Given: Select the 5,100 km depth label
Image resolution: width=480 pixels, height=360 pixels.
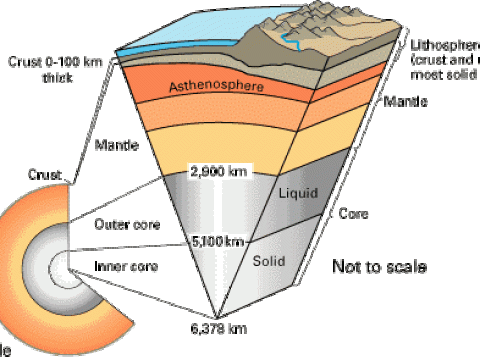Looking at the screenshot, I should click(218, 241).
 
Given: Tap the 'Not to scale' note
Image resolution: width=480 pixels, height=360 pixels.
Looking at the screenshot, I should click(379, 268).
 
